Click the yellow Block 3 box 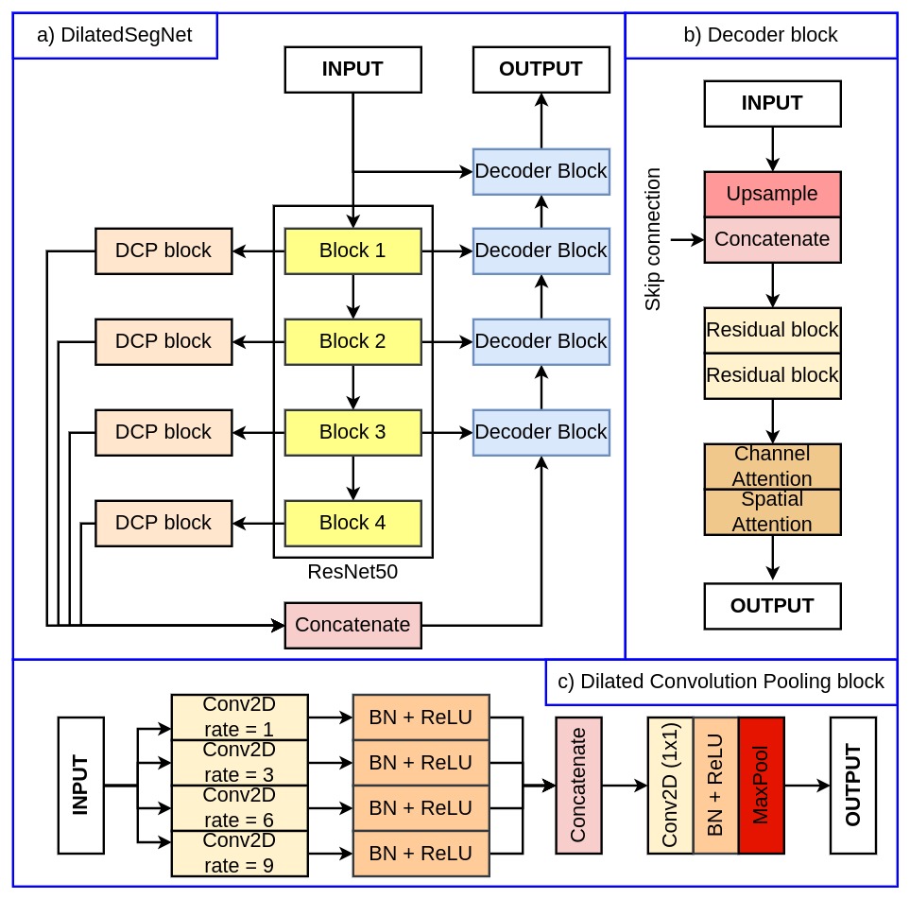click(352, 433)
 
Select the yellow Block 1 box click(352, 251)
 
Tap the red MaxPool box click(762, 786)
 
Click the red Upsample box click(772, 194)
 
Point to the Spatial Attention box click(772, 511)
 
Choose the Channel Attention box click(772, 466)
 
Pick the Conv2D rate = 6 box click(240, 808)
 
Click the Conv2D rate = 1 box click(240, 717)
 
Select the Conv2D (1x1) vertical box click(670, 786)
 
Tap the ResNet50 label click(352, 572)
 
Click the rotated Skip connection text click(653, 239)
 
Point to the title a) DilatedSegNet click(114, 35)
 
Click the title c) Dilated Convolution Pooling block click(721, 682)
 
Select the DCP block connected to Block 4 click(163, 524)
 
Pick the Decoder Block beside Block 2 click(541, 341)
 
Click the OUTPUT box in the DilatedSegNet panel click(541, 69)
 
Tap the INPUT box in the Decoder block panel click(772, 103)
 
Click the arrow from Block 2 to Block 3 click(352, 388)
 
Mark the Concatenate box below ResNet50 click(352, 625)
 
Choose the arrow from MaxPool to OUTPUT click(807, 786)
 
